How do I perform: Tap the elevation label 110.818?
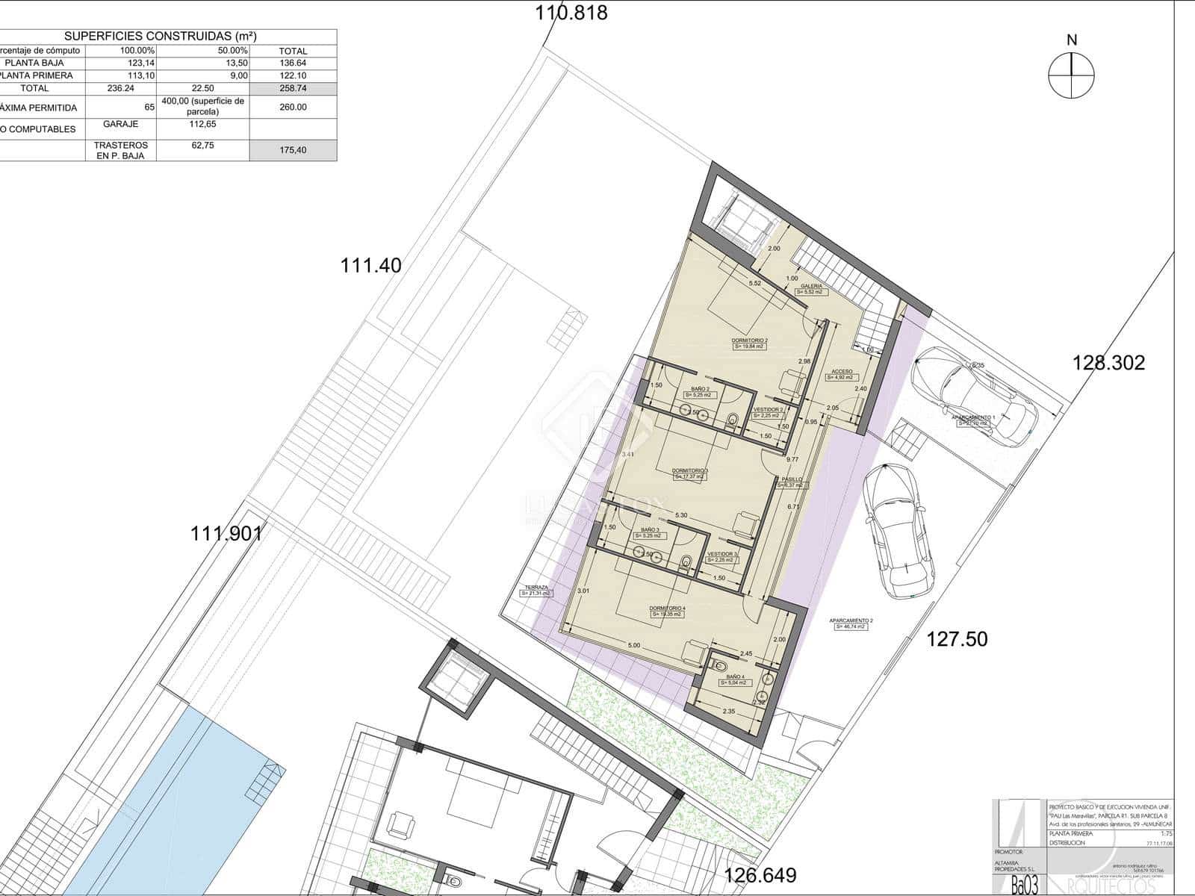tap(571, 13)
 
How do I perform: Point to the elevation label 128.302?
tap(1108, 363)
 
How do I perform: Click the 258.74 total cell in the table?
tap(293, 88)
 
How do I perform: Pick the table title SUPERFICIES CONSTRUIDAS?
tap(161, 36)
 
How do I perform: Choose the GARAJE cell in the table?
tap(120, 124)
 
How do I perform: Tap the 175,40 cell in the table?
tap(293, 150)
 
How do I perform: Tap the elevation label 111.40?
tap(371, 265)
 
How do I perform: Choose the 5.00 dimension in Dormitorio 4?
tap(634, 645)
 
